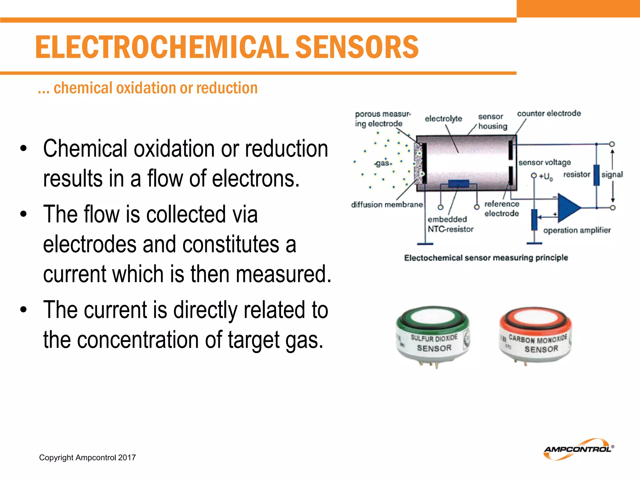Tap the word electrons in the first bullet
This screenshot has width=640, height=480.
pos(256,178)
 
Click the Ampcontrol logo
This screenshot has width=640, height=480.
pos(578,449)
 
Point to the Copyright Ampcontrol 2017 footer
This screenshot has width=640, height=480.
pos(87,457)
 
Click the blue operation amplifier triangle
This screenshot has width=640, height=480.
pos(568,207)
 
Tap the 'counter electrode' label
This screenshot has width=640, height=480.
pos(549,113)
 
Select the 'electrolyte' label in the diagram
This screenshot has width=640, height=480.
pos(443,119)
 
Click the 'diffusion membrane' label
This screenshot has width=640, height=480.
pos(387,205)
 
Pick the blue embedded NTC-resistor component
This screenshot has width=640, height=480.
pos(458,183)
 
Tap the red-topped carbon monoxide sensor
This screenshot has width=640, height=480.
pos(536,336)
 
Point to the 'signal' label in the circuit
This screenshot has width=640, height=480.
pos(612,174)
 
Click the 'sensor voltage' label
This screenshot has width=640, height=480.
pos(544,162)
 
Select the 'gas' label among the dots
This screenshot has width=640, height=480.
pos(382,163)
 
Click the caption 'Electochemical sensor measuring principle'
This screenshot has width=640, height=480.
pos(486,258)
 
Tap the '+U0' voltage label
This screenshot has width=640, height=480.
pos(546,177)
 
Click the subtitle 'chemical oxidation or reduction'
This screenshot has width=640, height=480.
pos(155,88)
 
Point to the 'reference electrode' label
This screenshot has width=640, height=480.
pos(502,209)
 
